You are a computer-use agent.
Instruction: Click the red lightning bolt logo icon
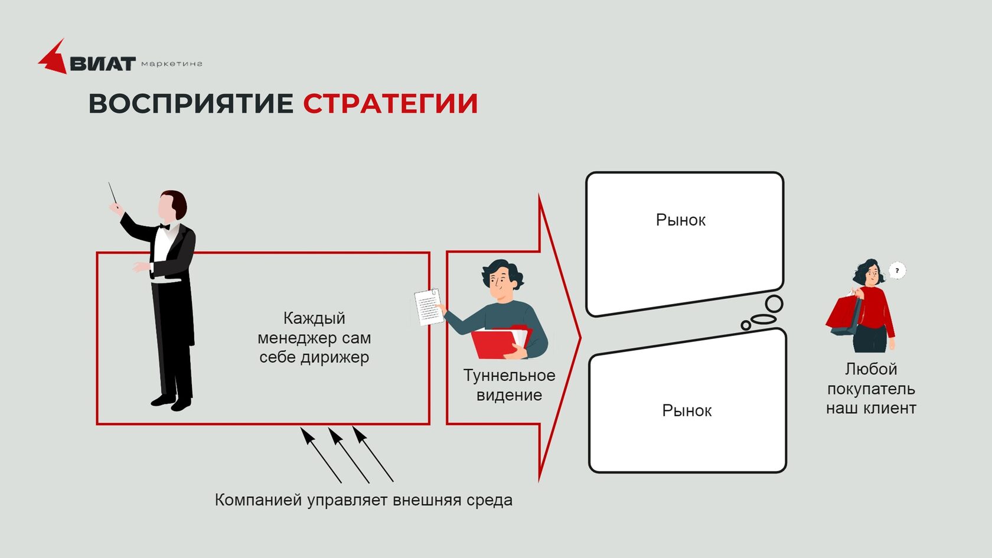click(53, 58)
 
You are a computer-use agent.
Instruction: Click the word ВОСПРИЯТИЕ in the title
click(191, 103)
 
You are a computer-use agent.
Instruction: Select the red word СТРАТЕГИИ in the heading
click(390, 103)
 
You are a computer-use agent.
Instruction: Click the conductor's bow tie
click(165, 226)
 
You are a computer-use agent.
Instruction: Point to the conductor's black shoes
click(171, 403)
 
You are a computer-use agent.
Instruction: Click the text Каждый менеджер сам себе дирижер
click(314, 338)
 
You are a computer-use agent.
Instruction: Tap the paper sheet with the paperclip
click(428, 306)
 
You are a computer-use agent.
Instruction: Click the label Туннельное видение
click(509, 385)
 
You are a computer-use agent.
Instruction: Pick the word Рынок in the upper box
click(680, 220)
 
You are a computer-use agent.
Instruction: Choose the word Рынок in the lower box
click(687, 410)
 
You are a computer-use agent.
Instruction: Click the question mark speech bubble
click(897, 270)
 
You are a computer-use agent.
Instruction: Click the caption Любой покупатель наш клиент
click(871, 389)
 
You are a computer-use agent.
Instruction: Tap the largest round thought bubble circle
click(774, 304)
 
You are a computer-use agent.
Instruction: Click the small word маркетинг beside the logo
click(172, 64)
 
